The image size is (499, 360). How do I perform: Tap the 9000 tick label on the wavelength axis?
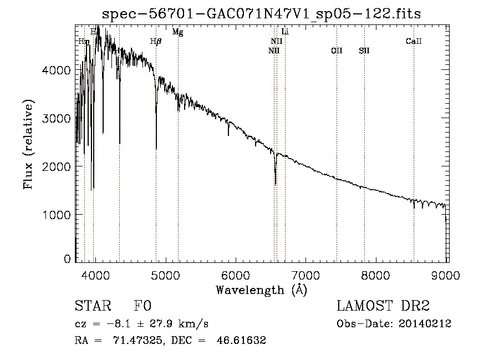coord(447,273)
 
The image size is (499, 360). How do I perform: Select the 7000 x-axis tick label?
coord(307,273)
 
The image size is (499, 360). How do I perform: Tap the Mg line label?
coord(177,32)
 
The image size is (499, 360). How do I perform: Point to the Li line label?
coord(285,32)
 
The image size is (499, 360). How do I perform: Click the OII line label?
coord(337,51)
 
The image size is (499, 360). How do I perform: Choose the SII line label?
coord(364,51)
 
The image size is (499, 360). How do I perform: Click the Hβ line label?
coord(156,42)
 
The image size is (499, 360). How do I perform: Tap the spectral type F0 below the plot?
coord(142,306)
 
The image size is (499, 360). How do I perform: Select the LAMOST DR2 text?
coord(383,306)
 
